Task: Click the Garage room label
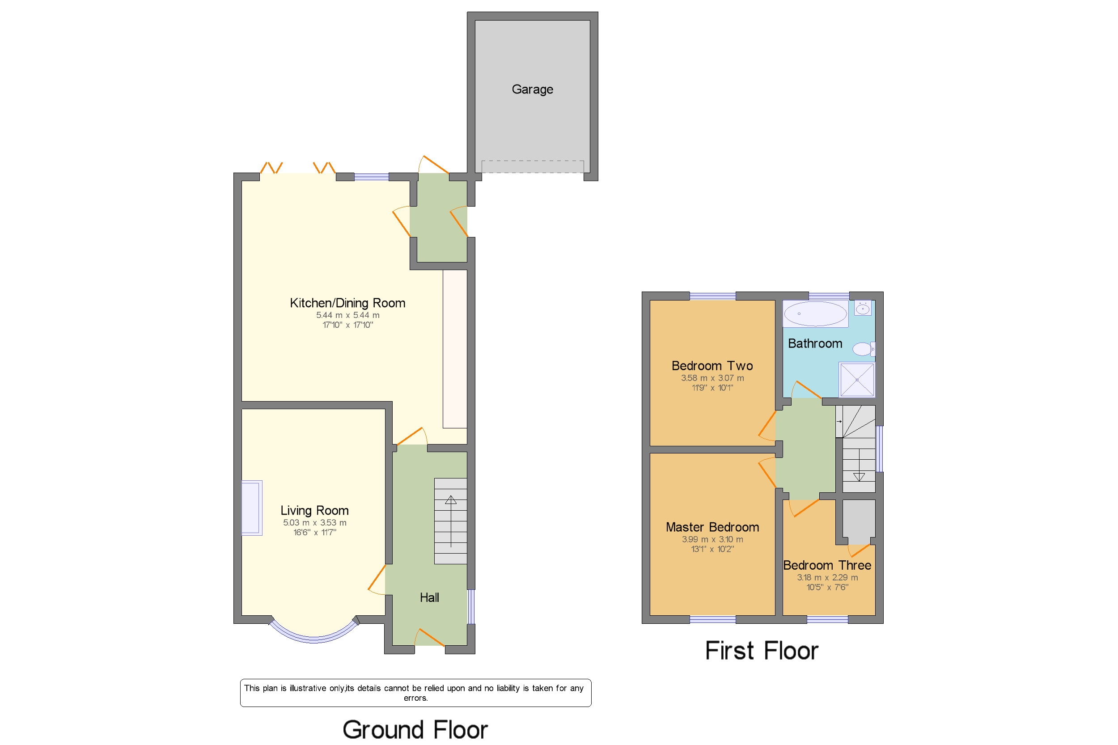532,89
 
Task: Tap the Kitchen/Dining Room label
347,303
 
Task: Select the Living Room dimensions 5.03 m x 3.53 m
314,523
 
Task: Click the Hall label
429,598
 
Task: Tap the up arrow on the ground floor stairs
450,500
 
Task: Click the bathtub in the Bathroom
815,313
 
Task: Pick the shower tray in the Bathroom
857,380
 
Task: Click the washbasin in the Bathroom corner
862,309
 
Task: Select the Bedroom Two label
712,366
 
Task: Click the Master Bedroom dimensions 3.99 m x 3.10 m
712,539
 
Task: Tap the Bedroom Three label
827,565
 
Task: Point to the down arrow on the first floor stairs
859,477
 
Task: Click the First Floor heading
762,651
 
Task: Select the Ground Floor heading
415,729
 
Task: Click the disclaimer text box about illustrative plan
415,693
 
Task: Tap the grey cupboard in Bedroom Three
859,521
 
